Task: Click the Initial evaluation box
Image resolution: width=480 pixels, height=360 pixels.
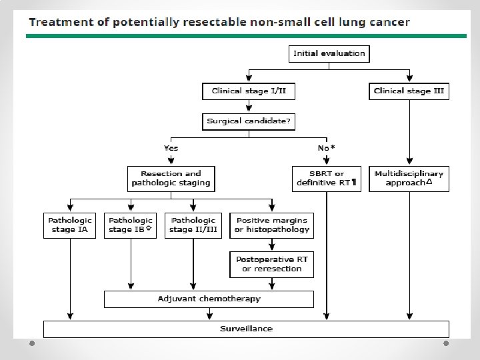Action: tap(329, 53)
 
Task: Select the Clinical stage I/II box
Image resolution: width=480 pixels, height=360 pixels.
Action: tap(249, 91)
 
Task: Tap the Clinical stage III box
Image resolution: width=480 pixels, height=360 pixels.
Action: tap(409, 91)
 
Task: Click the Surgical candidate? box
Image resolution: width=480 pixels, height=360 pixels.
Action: tap(249, 121)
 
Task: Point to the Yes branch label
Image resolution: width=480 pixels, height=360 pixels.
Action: tap(171, 147)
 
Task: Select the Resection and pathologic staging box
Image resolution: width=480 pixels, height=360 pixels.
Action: tap(171, 178)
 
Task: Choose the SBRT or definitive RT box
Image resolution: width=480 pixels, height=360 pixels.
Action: tap(326, 178)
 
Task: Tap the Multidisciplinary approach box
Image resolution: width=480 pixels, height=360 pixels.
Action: tap(409, 178)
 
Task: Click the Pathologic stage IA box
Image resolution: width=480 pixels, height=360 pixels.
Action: tap(70, 225)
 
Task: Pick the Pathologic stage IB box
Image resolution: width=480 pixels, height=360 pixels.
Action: tap(131, 225)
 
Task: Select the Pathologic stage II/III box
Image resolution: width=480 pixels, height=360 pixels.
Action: tap(193, 225)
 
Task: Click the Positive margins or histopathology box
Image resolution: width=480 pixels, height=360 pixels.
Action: tap(271, 225)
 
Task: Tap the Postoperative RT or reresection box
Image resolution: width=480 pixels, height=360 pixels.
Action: tap(271, 264)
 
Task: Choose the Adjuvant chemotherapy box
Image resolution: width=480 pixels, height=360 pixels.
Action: tap(209, 299)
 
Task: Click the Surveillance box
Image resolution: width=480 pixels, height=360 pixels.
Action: tap(246, 329)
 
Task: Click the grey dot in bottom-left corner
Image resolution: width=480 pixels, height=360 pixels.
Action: tap(31, 343)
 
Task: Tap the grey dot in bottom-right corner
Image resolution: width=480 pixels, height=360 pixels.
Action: tap(446, 343)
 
